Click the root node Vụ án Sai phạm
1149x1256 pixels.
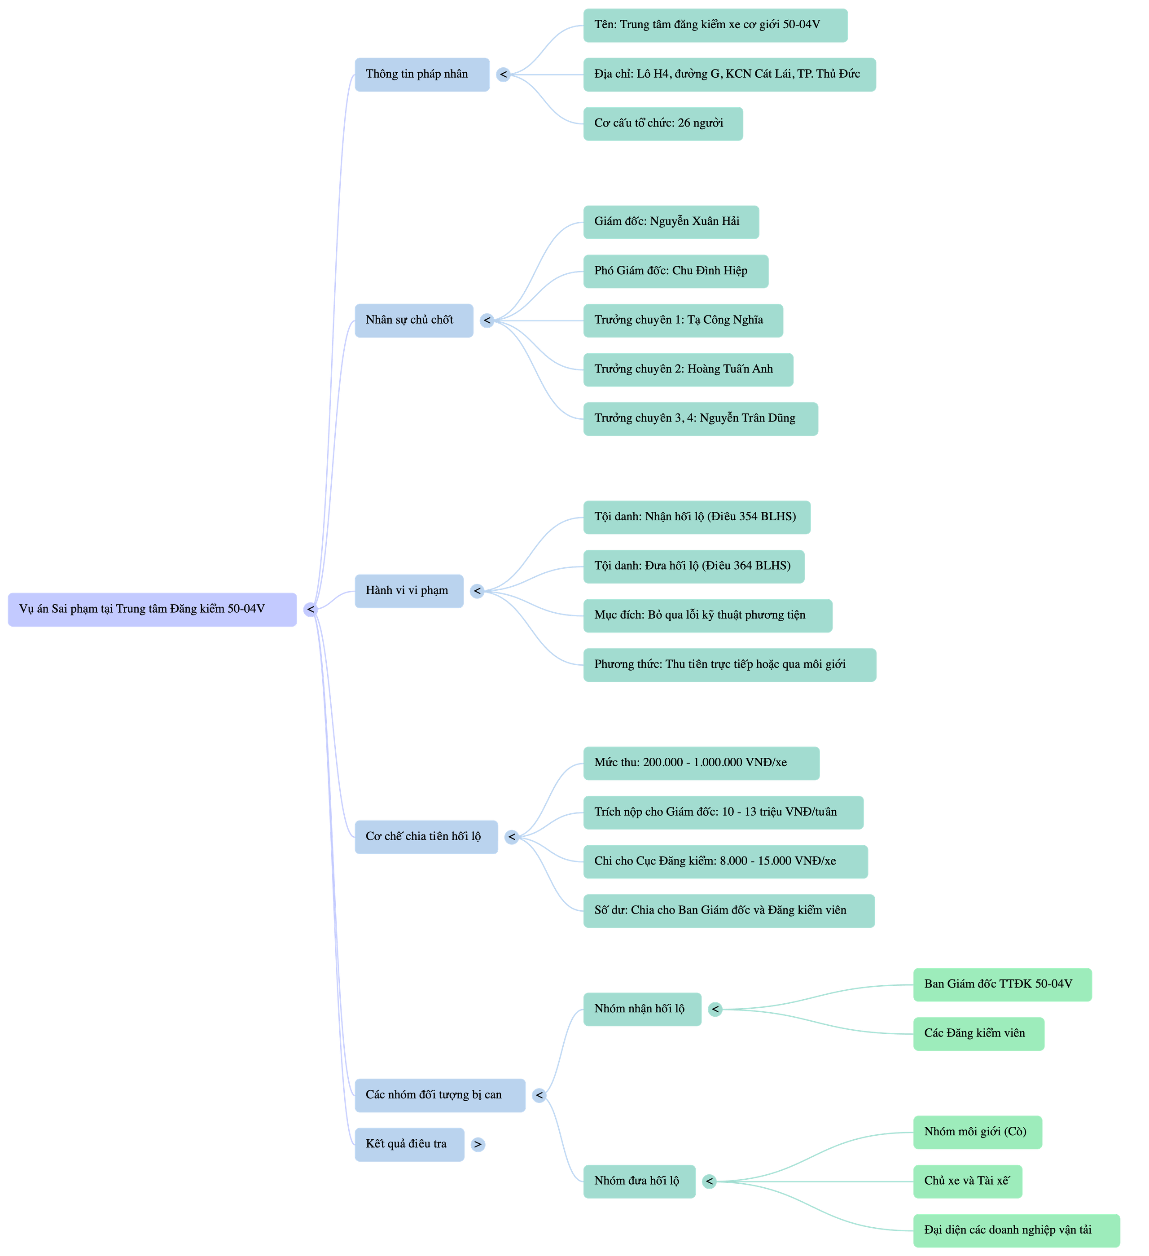[152, 609]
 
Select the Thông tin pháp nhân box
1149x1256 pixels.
[421, 74]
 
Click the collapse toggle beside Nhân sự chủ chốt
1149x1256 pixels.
[487, 320]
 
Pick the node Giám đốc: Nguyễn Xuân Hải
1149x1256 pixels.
[671, 222]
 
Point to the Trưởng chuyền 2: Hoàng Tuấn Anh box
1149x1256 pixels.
[688, 369]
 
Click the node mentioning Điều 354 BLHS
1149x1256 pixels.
[696, 517]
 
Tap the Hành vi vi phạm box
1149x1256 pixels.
[408, 591]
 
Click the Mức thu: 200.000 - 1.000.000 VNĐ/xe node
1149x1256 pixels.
[701, 763]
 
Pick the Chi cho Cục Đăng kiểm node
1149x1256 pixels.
[725, 861]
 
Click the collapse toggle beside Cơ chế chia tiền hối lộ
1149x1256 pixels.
[511, 837]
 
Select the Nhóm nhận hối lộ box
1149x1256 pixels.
[641, 1009]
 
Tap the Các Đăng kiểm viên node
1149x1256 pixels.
[978, 1034]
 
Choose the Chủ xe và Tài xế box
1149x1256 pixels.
[967, 1181]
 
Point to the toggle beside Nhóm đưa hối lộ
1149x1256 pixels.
[709, 1181]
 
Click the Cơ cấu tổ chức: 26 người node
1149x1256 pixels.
[662, 123]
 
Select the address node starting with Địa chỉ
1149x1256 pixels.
[728, 74]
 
